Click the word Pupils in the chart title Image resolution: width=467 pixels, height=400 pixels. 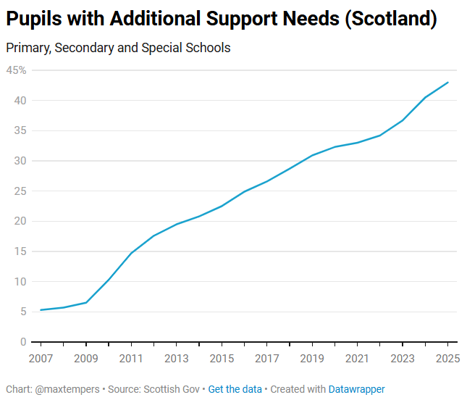pyautogui.click(x=34, y=20)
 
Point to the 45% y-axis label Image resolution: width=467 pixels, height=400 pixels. pyautogui.click(x=17, y=70)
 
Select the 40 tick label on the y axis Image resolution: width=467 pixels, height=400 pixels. pyautogui.click(x=20, y=101)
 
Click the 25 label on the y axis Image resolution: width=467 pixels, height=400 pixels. pyautogui.click(x=20, y=191)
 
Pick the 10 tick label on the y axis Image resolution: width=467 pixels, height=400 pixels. pyautogui.click(x=20, y=282)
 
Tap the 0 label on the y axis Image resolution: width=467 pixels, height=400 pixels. pyautogui.click(x=23, y=342)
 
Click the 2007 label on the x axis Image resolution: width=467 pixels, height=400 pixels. pyautogui.click(x=41, y=358)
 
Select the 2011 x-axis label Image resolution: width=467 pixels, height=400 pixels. pyautogui.click(x=131, y=358)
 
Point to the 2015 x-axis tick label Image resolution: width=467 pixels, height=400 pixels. pyautogui.click(x=222, y=358)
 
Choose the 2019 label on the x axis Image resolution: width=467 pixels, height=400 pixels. pyautogui.click(x=312, y=358)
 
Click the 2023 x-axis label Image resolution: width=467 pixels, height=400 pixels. pyautogui.click(x=403, y=358)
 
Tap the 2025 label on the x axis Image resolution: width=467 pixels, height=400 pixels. pyautogui.click(x=447, y=358)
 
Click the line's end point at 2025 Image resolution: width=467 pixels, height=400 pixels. pyautogui.click(x=448, y=83)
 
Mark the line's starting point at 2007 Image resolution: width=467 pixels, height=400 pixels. pyautogui.click(x=41, y=310)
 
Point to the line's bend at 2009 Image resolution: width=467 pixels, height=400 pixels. pyautogui.click(x=86, y=302)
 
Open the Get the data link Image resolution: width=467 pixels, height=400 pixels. pyautogui.click(x=235, y=389)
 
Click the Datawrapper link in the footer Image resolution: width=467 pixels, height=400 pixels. pyautogui.click(x=357, y=389)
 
